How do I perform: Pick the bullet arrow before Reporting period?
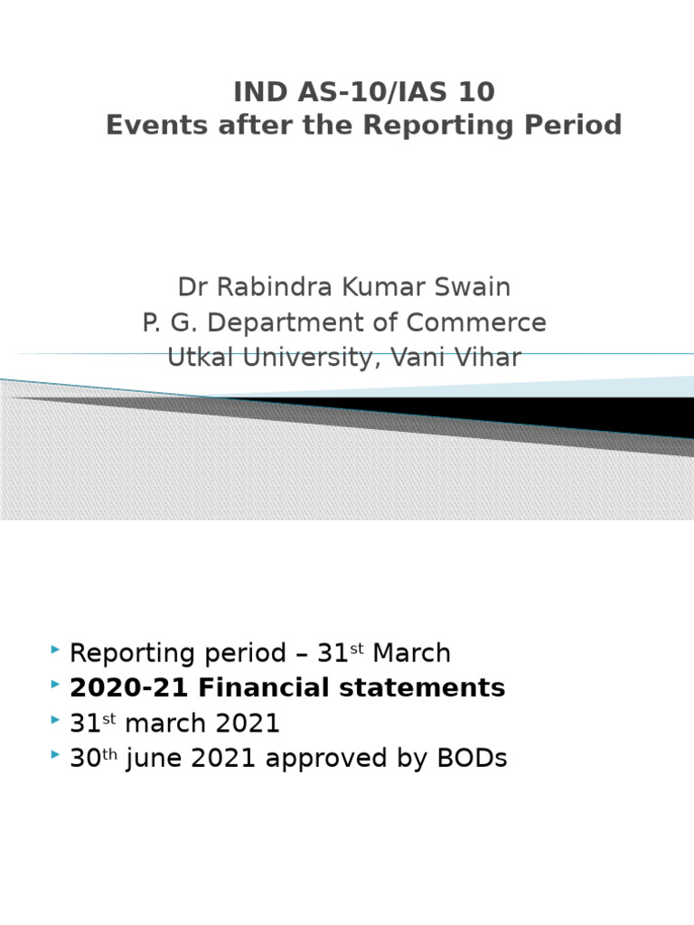(57, 649)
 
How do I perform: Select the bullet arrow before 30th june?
(57, 755)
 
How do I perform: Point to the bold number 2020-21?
(129, 688)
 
